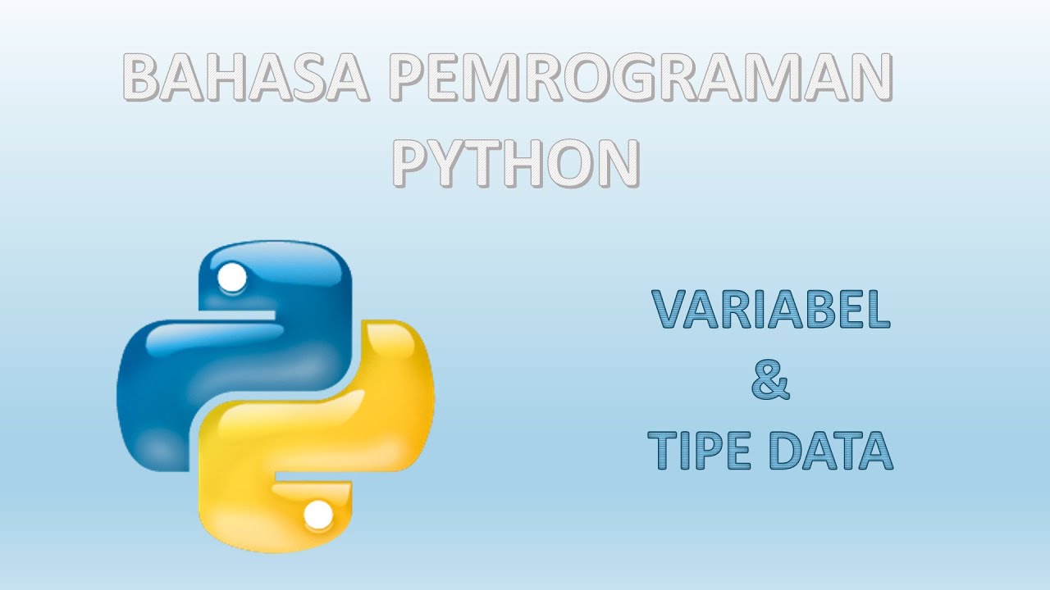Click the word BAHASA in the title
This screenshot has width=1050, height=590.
point(244,79)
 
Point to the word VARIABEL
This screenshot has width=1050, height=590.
point(771,310)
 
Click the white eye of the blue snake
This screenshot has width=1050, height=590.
point(233,278)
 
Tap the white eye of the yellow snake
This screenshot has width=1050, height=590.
point(318,515)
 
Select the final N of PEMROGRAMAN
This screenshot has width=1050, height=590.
point(870,79)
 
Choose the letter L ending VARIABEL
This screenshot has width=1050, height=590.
point(878,310)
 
